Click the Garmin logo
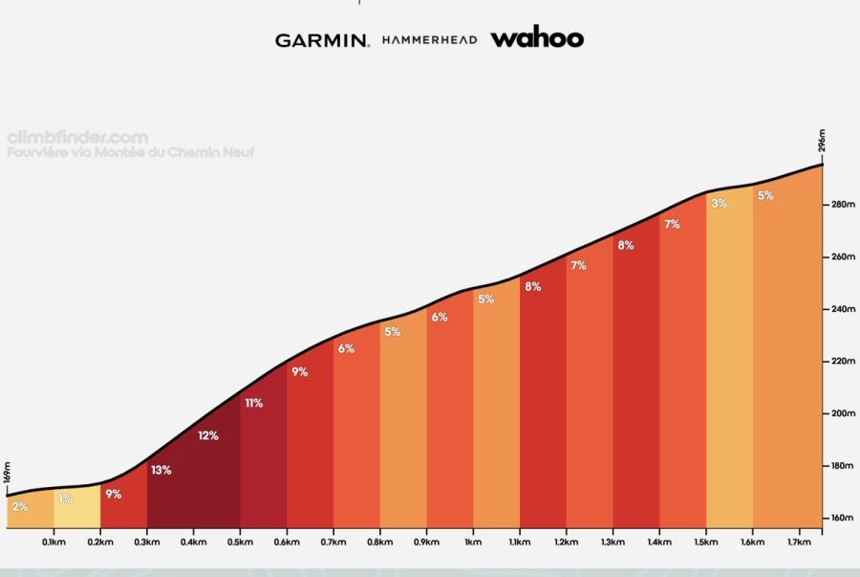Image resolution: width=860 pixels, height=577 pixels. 322,40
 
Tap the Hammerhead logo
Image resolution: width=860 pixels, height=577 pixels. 429,40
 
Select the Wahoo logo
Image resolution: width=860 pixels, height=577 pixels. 536,38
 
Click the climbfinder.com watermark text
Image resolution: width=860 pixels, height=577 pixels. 77,138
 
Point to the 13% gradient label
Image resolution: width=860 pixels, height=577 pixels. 161,470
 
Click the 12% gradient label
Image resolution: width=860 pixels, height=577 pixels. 207,436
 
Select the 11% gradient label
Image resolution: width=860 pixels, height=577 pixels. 253,403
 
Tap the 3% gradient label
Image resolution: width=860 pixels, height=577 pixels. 720,203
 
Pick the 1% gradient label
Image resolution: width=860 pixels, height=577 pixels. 65,499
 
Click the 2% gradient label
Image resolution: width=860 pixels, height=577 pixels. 20,506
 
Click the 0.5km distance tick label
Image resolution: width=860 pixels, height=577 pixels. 240,542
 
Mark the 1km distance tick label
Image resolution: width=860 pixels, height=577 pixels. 473,542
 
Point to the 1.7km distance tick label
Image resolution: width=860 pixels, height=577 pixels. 800,542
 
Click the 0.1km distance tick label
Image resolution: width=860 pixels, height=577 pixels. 54,542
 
